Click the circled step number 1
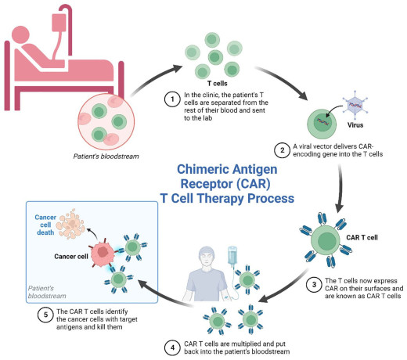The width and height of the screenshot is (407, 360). point(170,99)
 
